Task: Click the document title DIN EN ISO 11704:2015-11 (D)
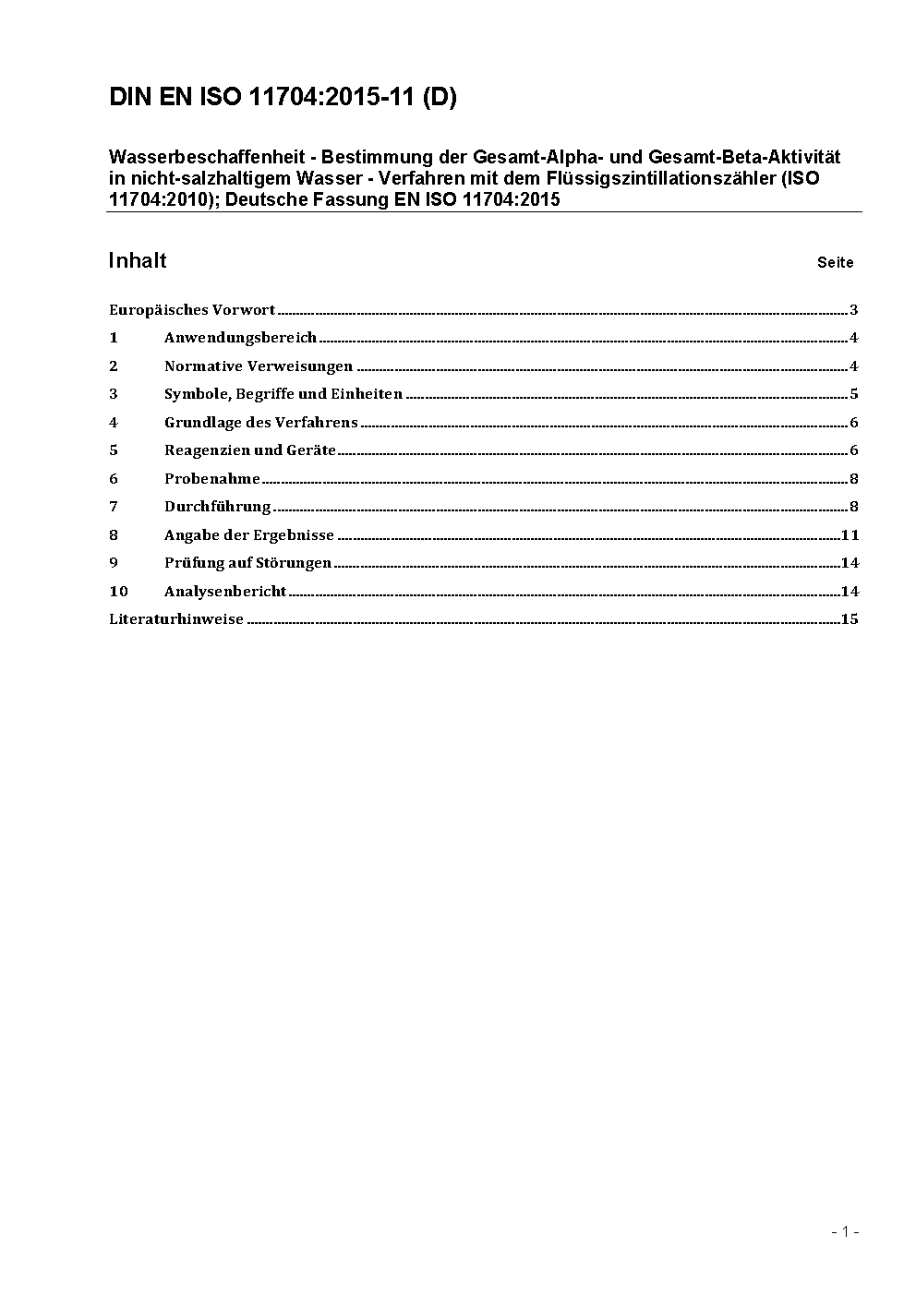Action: tap(283, 97)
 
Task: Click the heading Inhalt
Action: tap(138, 260)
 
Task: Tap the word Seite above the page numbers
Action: tap(835, 262)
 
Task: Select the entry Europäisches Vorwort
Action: tap(192, 310)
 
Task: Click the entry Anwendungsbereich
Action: tap(240, 338)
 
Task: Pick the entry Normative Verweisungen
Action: tap(259, 366)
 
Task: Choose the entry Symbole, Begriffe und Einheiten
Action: tap(283, 394)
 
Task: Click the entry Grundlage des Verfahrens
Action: tap(261, 423)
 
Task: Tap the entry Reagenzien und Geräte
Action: tap(250, 450)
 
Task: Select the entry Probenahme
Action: tap(212, 478)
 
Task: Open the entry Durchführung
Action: tap(218, 506)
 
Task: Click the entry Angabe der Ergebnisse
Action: tap(249, 534)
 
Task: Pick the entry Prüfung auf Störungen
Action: tap(247, 562)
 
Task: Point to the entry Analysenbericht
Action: tap(225, 591)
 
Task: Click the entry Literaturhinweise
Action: tap(176, 618)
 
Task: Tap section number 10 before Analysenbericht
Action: tap(118, 591)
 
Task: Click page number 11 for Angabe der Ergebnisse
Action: tap(850, 534)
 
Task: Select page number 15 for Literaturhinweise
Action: tap(850, 618)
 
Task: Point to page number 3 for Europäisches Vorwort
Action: tap(854, 310)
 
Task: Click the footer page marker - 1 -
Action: tap(845, 1231)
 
